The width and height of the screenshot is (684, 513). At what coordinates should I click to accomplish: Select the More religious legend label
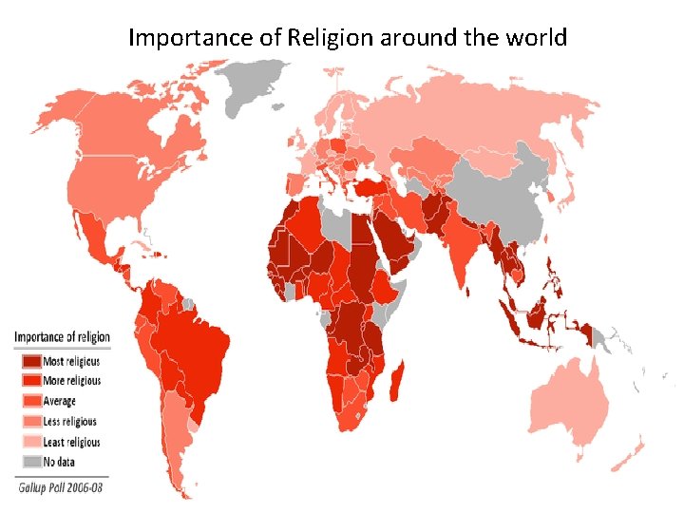(x=71, y=381)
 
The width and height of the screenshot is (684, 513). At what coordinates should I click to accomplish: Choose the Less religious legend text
(x=69, y=422)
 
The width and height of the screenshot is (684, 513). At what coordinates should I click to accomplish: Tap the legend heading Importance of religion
(x=62, y=337)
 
